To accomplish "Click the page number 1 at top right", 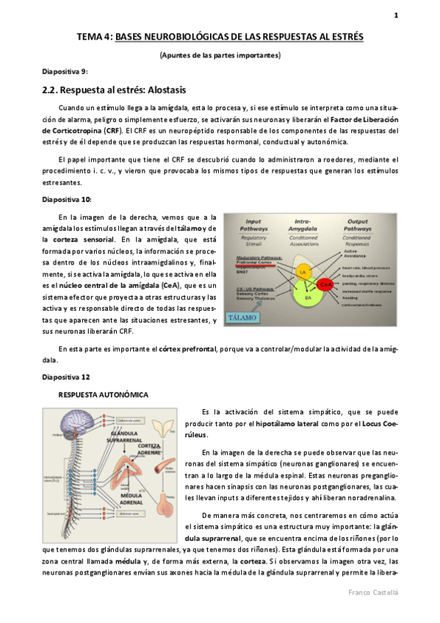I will (395, 15).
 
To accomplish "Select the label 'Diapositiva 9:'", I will (65, 71).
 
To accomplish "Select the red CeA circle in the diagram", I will (326, 283).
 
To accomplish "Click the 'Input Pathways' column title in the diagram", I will (253, 225).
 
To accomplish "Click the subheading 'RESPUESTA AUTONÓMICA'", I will (103, 395).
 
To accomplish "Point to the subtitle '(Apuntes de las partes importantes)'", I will (220, 55).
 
